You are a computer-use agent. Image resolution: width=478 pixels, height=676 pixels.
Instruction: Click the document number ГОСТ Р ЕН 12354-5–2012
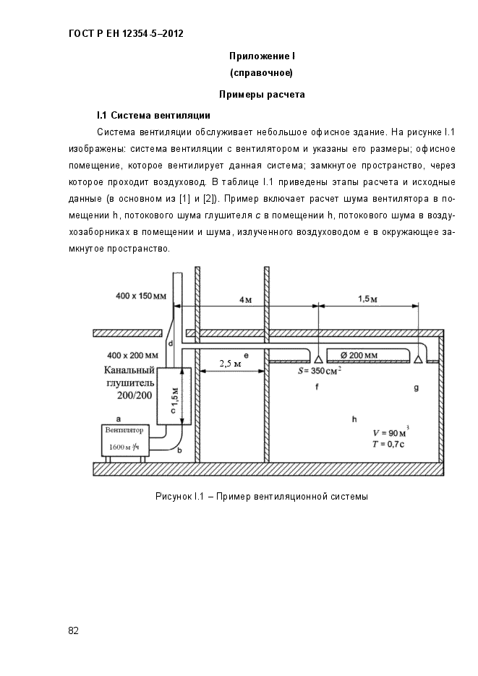(125, 33)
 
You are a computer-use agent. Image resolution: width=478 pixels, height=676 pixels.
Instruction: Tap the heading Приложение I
(261, 56)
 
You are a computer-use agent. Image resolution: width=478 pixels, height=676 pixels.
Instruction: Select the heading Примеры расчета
(261, 94)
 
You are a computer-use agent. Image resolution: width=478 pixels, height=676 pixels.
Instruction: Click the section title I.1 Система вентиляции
(153, 115)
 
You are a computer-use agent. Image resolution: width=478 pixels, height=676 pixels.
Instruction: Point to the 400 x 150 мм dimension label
(140, 296)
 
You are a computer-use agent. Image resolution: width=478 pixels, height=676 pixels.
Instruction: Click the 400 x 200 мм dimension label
(132, 355)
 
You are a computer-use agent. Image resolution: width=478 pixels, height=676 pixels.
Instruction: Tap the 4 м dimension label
(246, 299)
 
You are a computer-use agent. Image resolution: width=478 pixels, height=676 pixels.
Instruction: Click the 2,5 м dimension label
(229, 363)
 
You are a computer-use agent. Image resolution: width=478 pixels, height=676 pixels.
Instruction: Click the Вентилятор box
(124, 439)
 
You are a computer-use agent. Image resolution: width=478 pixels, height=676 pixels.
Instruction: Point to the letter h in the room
(354, 419)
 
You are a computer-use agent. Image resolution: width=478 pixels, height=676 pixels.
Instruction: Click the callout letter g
(416, 388)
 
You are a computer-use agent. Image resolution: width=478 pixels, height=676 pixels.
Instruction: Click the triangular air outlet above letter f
(317, 358)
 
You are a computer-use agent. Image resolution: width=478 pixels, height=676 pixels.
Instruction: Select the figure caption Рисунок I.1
(261, 497)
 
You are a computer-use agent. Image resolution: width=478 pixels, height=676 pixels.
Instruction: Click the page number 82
(73, 630)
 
